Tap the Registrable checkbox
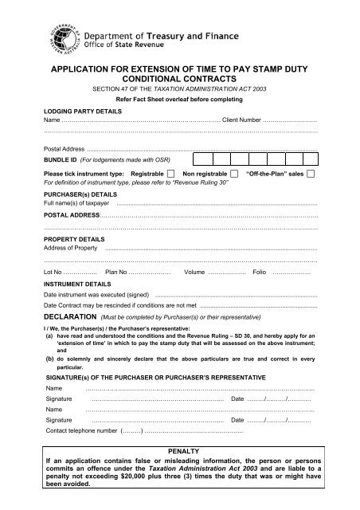pos(171,173)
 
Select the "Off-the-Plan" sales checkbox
pos(311,173)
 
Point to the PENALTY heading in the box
pos(180,452)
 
